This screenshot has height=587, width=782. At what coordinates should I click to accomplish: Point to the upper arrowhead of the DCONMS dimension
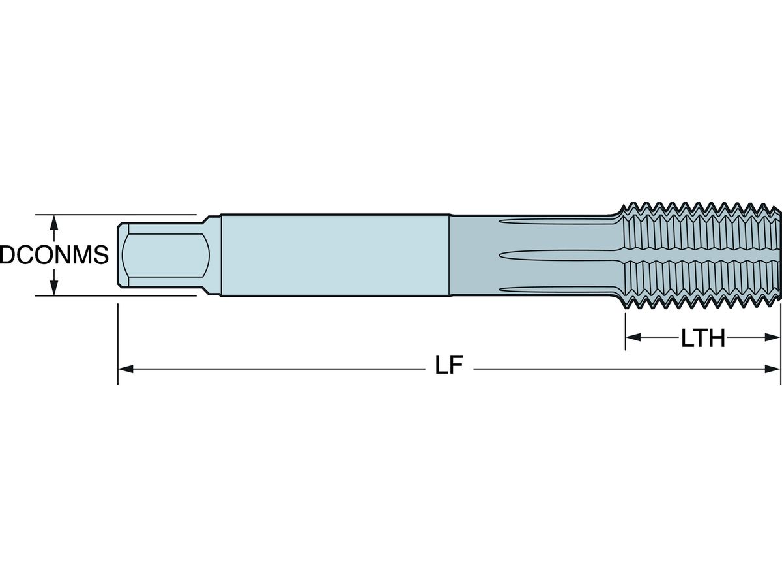(x=54, y=222)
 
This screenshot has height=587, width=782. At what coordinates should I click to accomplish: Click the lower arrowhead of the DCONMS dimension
(x=54, y=288)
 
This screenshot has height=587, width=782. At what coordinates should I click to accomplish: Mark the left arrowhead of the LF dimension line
(x=125, y=369)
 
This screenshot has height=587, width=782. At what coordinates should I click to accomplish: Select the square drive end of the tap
(x=163, y=254)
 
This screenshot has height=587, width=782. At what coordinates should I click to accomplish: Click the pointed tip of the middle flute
(x=500, y=255)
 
